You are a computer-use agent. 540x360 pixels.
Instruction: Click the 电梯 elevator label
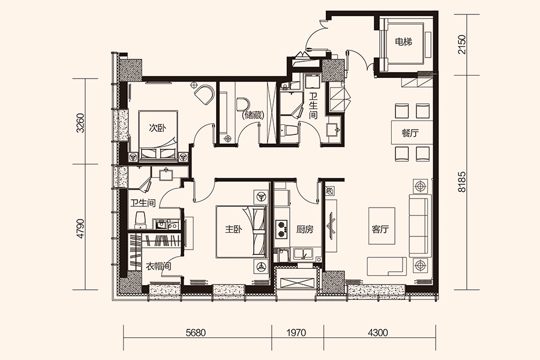(403, 43)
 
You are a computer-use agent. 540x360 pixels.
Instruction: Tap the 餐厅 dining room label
(410, 133)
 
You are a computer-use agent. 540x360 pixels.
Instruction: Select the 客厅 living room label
(380, 229)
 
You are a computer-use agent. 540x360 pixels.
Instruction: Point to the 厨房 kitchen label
(305, 229)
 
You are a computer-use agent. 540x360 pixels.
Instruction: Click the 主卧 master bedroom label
(233, 229)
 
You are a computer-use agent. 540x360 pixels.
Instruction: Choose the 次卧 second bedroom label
(157, 128)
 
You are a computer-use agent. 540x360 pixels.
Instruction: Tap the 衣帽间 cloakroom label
(158, 266)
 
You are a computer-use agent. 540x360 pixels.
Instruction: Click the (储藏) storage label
(253, 115)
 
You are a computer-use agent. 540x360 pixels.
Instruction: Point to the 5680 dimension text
(196, 332)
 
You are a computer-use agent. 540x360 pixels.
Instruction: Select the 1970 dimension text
(296, 332)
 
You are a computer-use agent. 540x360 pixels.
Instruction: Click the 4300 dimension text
(378, 332)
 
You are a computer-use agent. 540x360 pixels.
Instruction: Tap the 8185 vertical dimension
(461, 182)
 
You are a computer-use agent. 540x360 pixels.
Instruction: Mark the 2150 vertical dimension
(461, 44)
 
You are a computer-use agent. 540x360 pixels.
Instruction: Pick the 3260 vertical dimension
(80, 123)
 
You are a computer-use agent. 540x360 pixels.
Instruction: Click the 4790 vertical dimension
(80, 229)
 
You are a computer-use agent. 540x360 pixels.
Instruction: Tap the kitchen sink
(303, 254)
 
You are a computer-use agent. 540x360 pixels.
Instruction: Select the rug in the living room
(382, 226)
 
